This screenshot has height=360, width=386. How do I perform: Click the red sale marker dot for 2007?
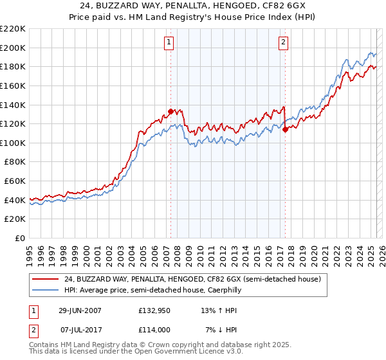pos(170,111)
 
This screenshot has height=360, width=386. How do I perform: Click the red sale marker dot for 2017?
pos(284,129)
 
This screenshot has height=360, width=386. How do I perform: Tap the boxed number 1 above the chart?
pos(169,42)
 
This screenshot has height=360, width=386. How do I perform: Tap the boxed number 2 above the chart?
pos(283,42)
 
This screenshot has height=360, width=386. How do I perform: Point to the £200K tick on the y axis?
pos(14,48)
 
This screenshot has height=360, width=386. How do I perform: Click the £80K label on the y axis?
pos(15,162)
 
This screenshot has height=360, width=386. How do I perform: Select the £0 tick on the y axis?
pos(21,238)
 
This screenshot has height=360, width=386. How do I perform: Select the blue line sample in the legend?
pos(46,290)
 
